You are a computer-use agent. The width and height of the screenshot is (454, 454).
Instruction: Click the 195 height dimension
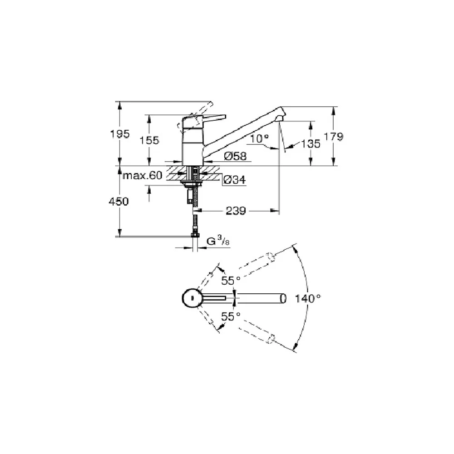pos(119,134)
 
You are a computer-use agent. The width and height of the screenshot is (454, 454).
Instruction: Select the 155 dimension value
pos(149,140)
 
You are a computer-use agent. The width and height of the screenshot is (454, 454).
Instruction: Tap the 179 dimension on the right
pos(333,136)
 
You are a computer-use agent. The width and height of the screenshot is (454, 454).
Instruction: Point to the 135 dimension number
pos(311,143)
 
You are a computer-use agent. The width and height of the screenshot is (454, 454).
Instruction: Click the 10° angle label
pos(259,138)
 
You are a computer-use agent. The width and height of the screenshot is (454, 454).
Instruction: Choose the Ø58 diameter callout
pos(235,156)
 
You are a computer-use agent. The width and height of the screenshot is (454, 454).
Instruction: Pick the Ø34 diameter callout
pos(235,180)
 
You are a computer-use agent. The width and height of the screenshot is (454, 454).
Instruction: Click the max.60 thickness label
pos(143,175)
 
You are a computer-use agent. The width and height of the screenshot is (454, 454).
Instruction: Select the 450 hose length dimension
pos(118,201)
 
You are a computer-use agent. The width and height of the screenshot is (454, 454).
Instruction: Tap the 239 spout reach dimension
pos(236,211)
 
